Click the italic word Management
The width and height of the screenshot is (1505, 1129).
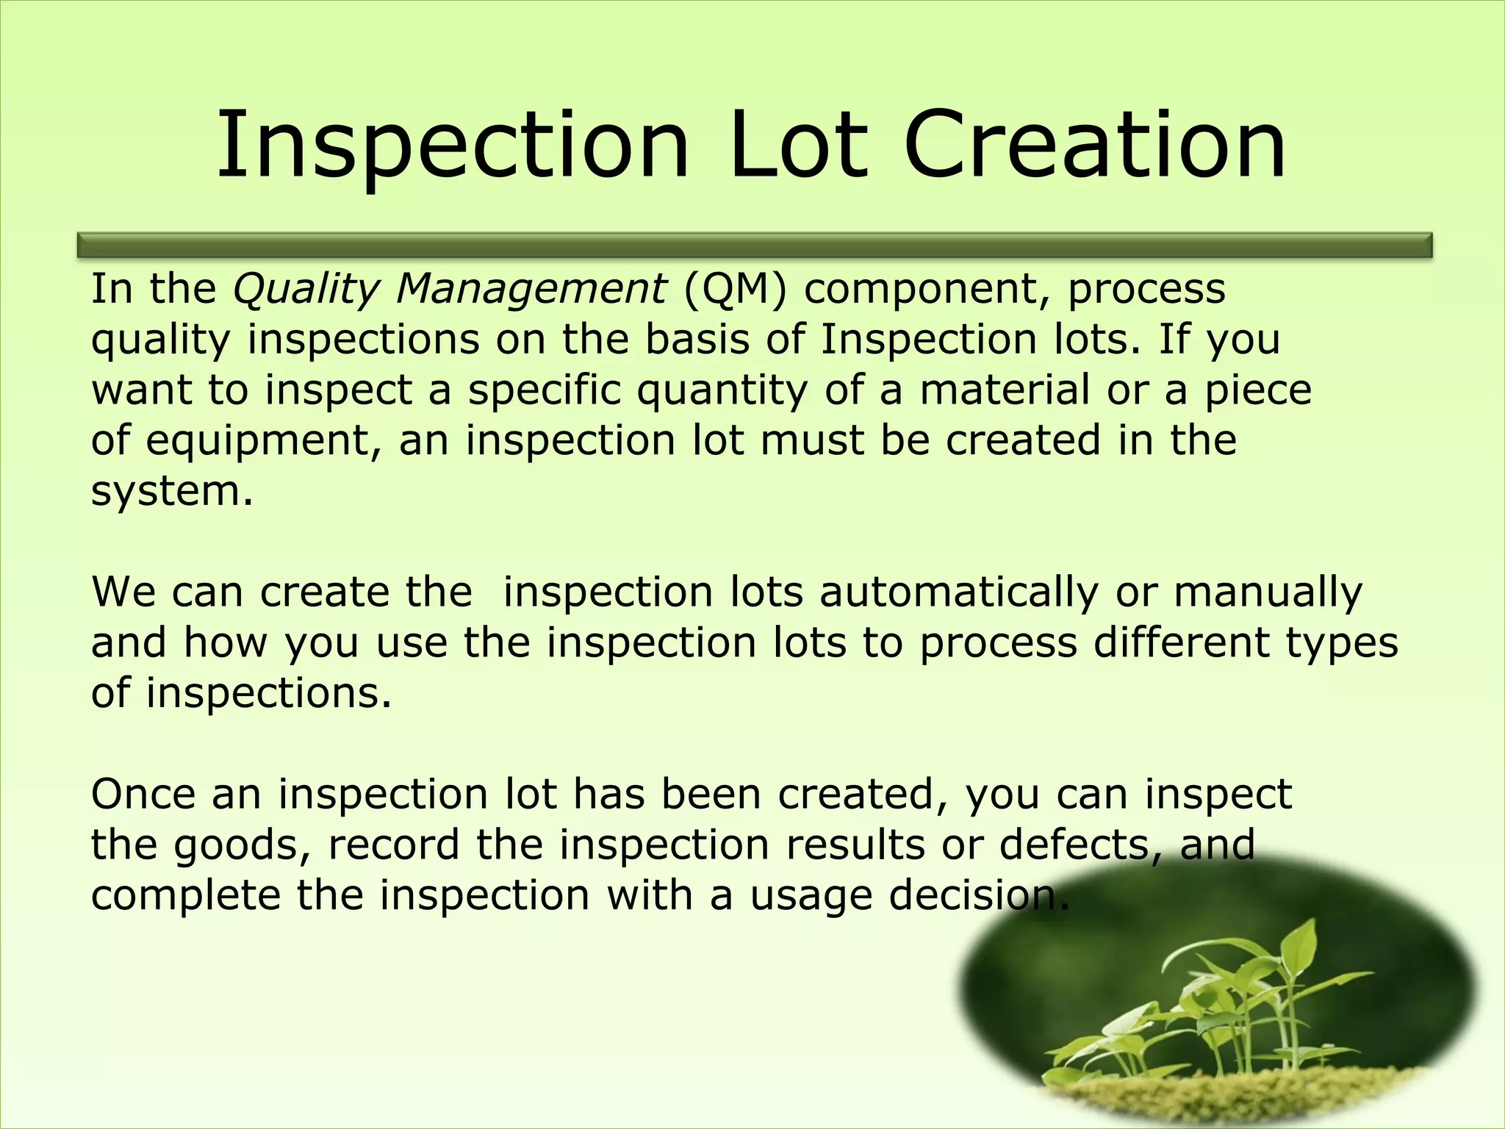point(531,290)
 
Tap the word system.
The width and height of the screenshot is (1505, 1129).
point(172,491)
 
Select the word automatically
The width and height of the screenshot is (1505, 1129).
point(959,592)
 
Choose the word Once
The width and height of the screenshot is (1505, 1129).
point(143,795)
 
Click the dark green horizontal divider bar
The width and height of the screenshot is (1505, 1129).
point(755,245)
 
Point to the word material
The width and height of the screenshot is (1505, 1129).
point(1005,390)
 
